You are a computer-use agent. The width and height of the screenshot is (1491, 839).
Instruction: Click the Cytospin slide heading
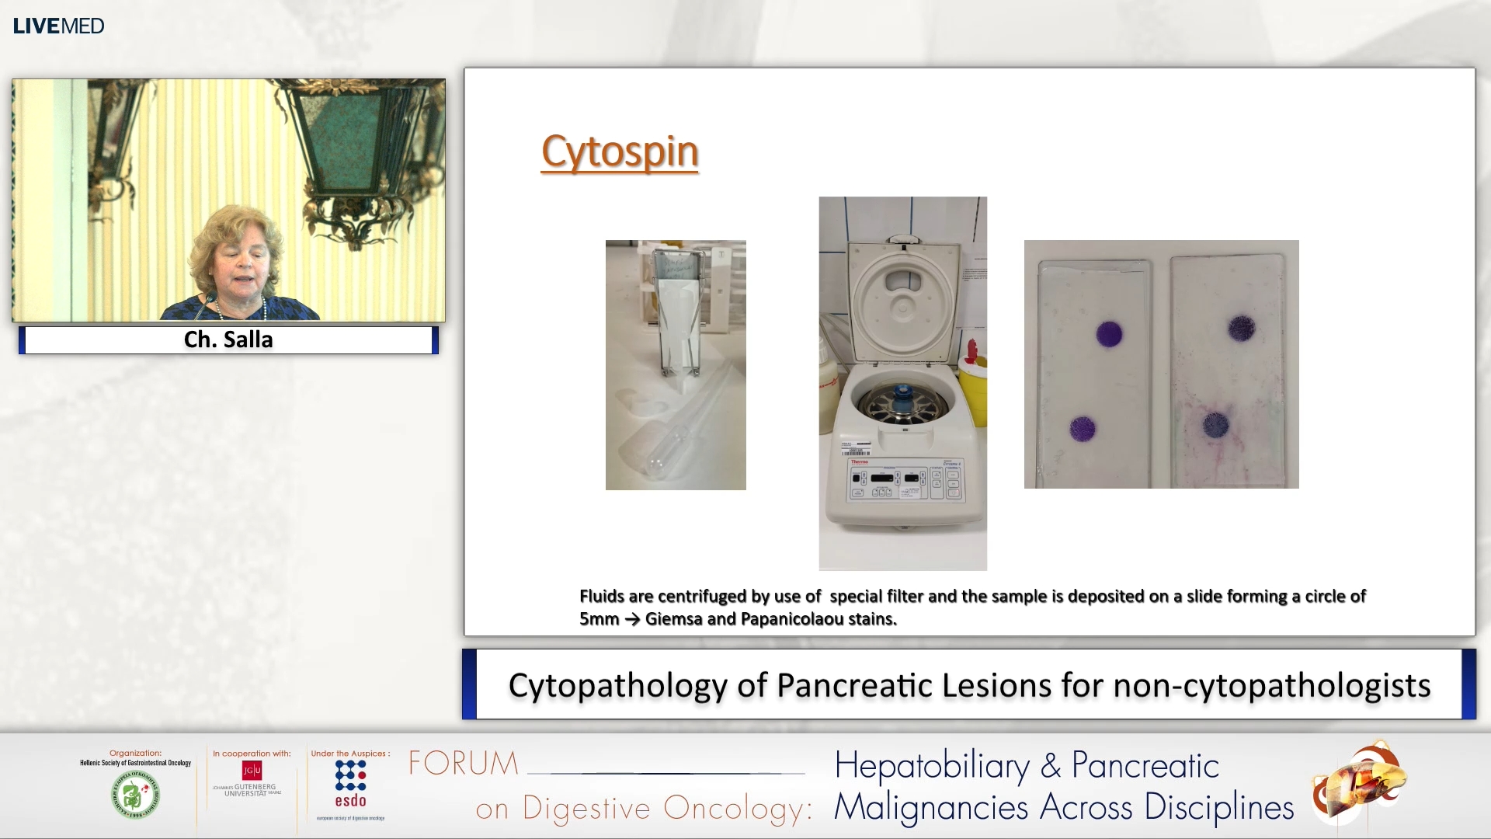(x=620, y=151)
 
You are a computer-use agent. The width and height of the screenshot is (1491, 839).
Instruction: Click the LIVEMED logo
(x=58, y=26)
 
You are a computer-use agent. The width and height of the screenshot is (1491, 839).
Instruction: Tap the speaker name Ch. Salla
(x=228, y=339)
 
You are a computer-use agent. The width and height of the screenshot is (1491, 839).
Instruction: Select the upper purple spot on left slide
(x=1109, y=334)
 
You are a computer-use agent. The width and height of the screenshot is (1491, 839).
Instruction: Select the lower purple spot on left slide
(x=1082, y=428)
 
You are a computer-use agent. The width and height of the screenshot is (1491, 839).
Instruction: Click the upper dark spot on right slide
(x=1241, y=329)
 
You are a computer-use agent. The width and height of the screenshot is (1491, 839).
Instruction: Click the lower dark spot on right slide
(x=1215, y=425)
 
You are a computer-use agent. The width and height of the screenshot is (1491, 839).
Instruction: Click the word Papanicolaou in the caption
(x=790, y=619)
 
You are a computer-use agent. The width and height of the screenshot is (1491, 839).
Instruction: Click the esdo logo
(x=350, y=785)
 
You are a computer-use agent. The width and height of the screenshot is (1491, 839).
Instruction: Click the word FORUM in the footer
(x=464, y=764)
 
